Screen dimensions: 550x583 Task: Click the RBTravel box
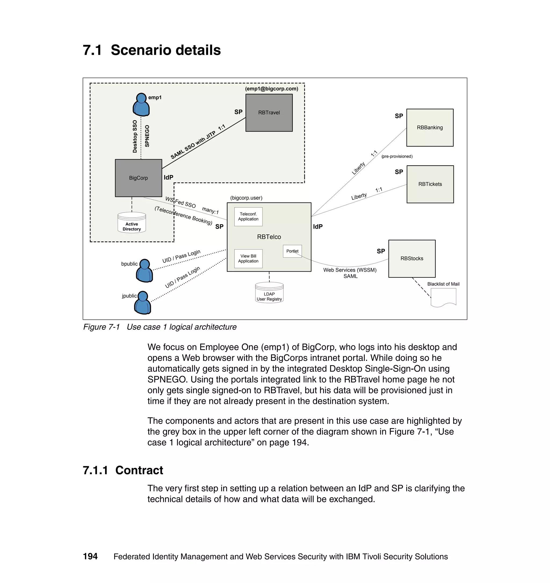pyautogui.click(x=269, y=113)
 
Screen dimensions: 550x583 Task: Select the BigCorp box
pyautogui.click(x=138, y=178)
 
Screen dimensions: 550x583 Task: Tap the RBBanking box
pyautogui.click(x=430, y=128)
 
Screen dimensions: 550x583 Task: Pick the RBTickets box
pyautogui.click(x=430, y=184)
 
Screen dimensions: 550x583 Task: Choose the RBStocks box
pyautogui.click(x=412, y=259)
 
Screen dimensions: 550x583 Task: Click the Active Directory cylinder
pyautogui.click(x=132, y=222)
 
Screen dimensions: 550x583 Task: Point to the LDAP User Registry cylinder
pyautogui.click(x=269, y=292)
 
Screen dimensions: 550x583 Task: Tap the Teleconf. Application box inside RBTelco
pyautogui.click(x=248, y=217)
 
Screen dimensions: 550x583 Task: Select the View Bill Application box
pyautogui.click(x=248, y=259)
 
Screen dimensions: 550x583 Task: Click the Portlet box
pyautogui.click(x=292, y=251)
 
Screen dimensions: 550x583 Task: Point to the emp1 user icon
pyautogui.click(x=141, y=105)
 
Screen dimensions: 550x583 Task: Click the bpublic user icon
pyautogui.click(x=144, y=271)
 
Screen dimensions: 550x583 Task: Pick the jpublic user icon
pyautogui.click(x=143, y=303)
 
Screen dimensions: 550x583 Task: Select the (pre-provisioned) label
pyautogui.click(x=397, y=157)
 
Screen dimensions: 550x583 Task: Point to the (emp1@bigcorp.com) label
pyautogui.click(x=272, y=89)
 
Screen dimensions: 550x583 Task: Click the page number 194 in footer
pyautogui.click(x=90, y=556)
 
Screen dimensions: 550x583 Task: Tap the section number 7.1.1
pyautogui.click(x=95, y=470)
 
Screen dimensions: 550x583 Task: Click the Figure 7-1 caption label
pyautogui.click(x=102, y=327)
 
